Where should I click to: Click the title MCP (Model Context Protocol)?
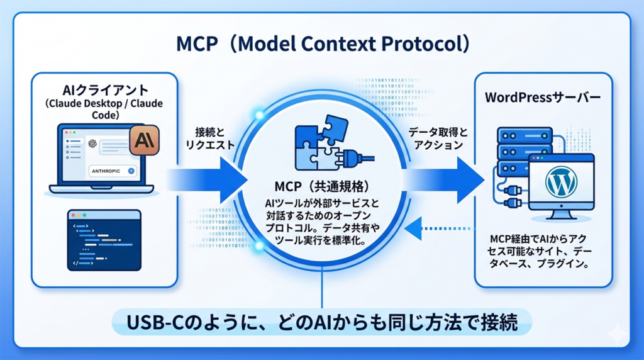pos(322,45)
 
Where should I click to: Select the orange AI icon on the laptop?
pos(143,140)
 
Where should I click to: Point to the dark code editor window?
pos(104,240)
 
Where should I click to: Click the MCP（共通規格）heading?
pos(322,188)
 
